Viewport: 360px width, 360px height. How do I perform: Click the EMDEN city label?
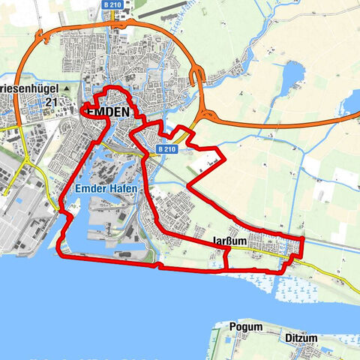(109, 112)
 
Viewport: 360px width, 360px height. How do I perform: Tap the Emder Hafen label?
(106, 189)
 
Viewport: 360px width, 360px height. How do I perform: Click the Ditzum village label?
(301, 338)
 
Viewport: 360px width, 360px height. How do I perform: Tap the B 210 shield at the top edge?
(112, 4)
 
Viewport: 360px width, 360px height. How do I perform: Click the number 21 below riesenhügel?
(51, 101)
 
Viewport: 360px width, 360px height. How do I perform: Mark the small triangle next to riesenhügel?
(66, 88)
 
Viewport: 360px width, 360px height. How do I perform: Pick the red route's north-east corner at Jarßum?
(302, 238)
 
